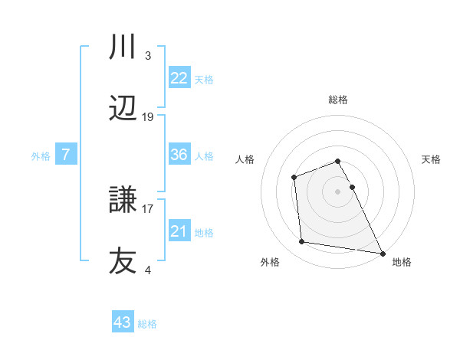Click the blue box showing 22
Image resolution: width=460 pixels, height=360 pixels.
pos(179,78)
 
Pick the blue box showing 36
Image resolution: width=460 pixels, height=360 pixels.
pos(179,155)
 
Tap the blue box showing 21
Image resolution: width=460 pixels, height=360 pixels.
pos(179,231)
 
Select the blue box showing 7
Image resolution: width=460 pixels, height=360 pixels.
pos(66,155)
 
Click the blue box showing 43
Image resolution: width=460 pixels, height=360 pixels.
pos(123,322)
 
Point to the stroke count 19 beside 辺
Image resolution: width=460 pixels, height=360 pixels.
pos(148,117)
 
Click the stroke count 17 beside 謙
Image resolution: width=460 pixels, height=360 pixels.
pos(147,207)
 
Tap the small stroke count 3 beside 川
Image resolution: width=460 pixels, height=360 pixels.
pos(147,56)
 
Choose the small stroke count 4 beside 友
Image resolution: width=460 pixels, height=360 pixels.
pos(147,270)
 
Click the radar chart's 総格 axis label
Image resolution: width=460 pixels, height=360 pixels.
pos(338,100)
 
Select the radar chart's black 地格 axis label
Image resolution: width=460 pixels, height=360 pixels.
pos(402,262)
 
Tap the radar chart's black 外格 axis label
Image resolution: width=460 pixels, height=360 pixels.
pos(270,262)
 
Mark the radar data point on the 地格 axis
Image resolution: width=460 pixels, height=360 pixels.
pos(383,253)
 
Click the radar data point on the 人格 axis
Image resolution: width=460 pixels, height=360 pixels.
pos(294,178)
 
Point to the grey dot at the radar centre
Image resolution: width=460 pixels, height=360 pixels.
pos(338,191)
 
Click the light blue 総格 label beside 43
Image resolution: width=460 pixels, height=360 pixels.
pos(147,324)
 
